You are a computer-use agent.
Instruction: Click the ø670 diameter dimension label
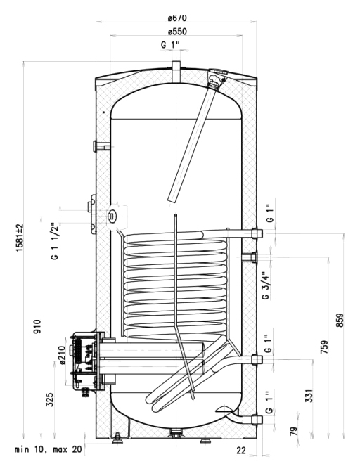(x=177, y=18)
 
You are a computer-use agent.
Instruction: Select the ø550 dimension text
(x=177, y=31)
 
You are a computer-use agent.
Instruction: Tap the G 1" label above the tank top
(x=170, y=45)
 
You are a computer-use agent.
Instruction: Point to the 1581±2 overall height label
(x=20, y=238)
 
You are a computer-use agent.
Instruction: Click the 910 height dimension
(x=37, y=326)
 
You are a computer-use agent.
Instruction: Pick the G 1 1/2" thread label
(x=54, y=241)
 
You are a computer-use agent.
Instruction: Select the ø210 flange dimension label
(x=62, y=355)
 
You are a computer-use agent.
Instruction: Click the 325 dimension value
(x=50, y=399)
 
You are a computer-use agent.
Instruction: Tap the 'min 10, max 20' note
(x=49, y=449)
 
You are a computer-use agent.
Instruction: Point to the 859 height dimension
(x=340, y=320)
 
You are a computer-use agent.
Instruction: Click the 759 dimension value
(x=325, y=347)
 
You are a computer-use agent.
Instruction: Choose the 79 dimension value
(x=294, y=431)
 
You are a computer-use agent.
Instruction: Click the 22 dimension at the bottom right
(x=241, y=450)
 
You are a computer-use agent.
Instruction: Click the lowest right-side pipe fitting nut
(x=257, y=420)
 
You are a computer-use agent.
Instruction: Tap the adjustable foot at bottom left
(x=117, y=439)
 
